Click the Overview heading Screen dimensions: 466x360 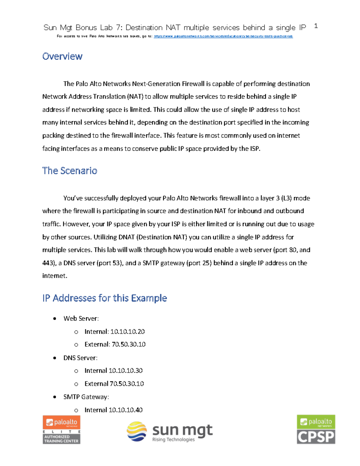pyautogui.click(x=62, y=56)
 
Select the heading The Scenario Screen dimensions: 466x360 pyautogui.click(x=70, y=171)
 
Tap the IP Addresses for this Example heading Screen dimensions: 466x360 pyautogui.click(x=104, y=298)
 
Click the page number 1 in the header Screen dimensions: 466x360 pyautogui.click(x=316, y=26)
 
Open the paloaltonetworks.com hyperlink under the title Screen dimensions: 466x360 pyautogui.click(x=223, y=36)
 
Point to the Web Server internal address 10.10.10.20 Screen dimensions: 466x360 pyautogui.click(x=127, y=332)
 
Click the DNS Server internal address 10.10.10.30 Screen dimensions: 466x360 pyautogui.click(x=126, y=371)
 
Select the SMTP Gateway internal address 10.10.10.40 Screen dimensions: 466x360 pyautogui.click(x=126, y=410)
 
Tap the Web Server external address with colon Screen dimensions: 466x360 pyautogui.click(x=129, y=344)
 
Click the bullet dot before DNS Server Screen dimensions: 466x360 pyautogui.click(x=55, y=358)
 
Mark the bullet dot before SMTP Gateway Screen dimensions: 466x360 pyautogui.click(x=55, y=397)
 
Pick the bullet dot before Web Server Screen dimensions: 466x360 pyautogui.click(x=55, y=319)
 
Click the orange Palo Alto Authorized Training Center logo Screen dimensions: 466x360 pyautogui.click(x=61, y=429)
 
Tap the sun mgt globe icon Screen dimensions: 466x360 pyautogui.click(x=137, y=431)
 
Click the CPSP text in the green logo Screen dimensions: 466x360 pyautogui.click(x=316, y=437)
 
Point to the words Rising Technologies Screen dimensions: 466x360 pyautogui.click(x=173, y=440)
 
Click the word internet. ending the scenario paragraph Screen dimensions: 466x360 pyautogui.click(x=55, y=276)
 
